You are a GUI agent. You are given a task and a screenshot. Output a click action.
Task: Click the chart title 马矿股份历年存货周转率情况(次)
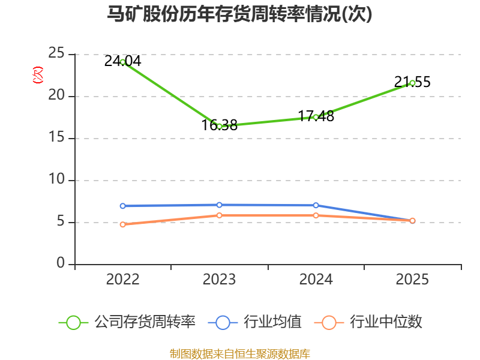tap(239, 14)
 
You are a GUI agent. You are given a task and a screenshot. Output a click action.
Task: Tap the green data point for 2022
tap(123, 62)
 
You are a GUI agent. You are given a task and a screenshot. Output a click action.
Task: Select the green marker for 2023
tap(219, 126)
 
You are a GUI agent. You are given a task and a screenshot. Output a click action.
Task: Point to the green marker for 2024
tap(316, 117)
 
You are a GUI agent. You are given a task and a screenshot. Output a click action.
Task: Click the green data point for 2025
tap(412, 83)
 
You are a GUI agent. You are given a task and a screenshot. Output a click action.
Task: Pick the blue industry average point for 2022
tap(123, 206)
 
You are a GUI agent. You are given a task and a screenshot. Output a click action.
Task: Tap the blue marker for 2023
tap(219, 205)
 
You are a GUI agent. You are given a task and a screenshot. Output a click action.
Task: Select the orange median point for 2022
tap(123, 224)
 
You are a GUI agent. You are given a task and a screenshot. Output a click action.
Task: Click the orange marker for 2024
tap(316, 215)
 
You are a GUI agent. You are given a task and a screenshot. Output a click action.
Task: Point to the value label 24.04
tap(123, 61)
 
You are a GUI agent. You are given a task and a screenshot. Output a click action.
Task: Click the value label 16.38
tap(219, 125)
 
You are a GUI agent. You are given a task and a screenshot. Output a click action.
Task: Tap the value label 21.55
tap(412, 82)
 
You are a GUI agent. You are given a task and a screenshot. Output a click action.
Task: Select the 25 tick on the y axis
tap(56, 53)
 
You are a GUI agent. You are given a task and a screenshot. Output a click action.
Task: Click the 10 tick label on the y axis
tap(56, 179)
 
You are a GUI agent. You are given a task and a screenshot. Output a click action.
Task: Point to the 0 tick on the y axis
tap(61, 263)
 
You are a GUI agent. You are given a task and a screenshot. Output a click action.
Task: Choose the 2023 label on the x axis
tap(219, 280)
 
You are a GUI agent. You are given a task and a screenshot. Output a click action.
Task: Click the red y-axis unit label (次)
tap(38, 75)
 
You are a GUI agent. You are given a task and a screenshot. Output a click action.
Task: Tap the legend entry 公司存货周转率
tap(127, 322)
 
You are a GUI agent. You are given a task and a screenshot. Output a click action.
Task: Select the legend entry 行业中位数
tap(368, 322)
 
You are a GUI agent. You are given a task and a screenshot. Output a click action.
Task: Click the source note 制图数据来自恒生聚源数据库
tap(240, 354)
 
